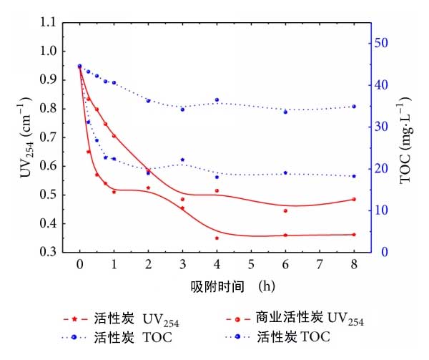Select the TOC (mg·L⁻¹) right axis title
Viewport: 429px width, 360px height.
click(x=407, y=137)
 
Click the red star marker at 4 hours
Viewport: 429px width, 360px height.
click(x=217, y=238)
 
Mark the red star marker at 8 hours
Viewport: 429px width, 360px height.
click(x=354, y=235)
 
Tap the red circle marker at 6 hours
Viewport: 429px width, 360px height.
click(x=285, y=210)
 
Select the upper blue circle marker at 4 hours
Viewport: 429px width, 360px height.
click(x=217, y=100)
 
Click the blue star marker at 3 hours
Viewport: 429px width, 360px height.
click(x=182, y=160)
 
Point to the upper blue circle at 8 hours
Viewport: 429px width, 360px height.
click(x=354, y=107)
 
